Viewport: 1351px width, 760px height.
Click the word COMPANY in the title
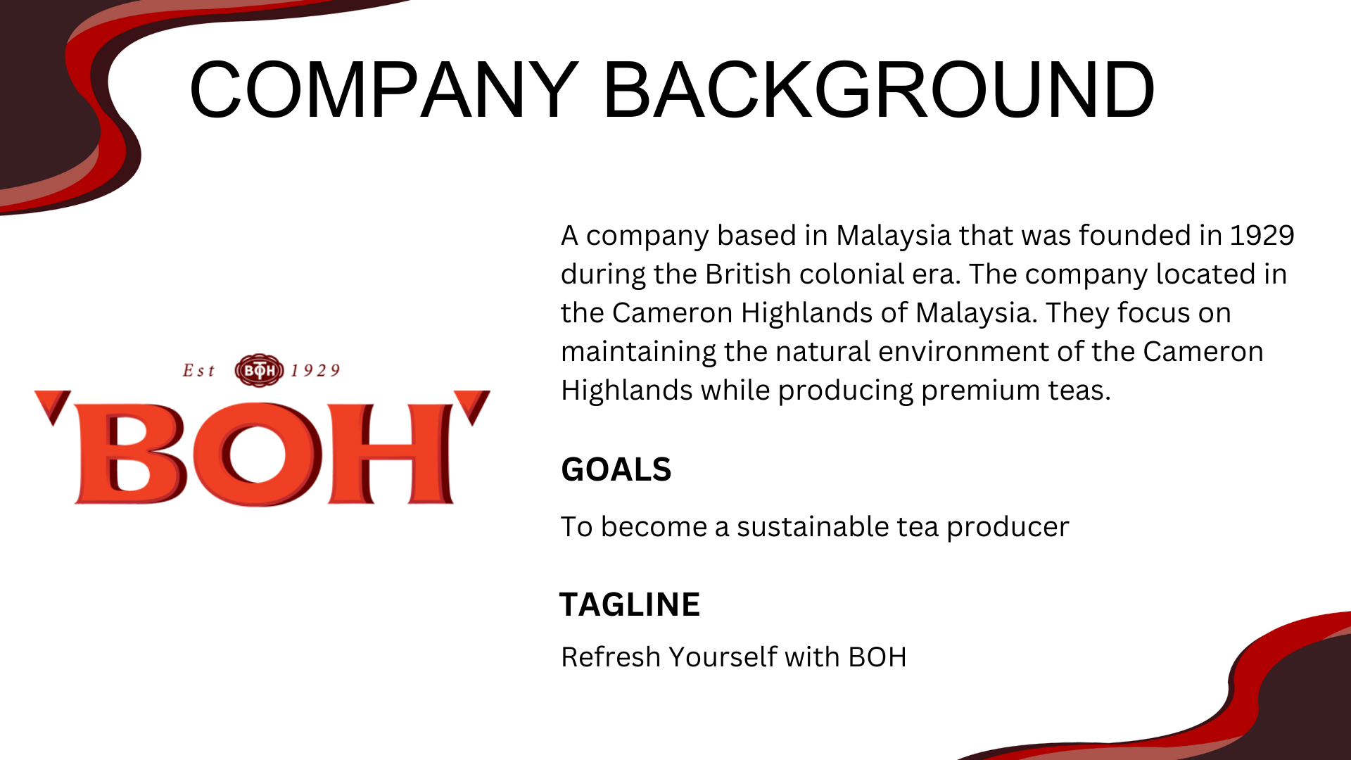pos(384,89)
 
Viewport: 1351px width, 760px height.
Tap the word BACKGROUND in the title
pos(880,89)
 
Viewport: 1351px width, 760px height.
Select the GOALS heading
pos(616,469)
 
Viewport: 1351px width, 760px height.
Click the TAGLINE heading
pos(630,604)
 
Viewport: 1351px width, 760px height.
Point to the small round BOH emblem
pos(259,370)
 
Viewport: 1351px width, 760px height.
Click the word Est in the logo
pos(198,371)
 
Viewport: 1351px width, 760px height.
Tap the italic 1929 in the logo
pos(315,371)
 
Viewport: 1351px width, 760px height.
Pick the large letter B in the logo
pos(131,454)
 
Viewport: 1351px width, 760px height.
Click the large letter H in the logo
pos(391,454)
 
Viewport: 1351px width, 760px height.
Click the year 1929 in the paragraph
pos(1262,235)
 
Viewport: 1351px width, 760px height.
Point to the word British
pos(747,274)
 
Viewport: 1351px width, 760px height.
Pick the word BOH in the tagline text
pos(877,657)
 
